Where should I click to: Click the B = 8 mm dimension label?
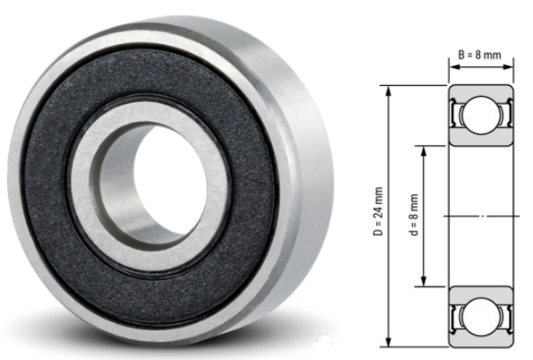(x=479, y=55)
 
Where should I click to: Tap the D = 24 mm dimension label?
(x=378, y=211)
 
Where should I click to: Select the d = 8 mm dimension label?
(x=414, y=215)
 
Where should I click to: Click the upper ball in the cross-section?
(x=481, y=115)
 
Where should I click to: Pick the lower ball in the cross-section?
(x=481, y=317)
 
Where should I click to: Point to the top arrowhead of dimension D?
(x=390, y=91)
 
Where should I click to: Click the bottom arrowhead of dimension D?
(x=390, y=341)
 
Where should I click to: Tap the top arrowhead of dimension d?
(x=424, y=151)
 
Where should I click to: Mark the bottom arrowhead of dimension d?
(x=424, y=281)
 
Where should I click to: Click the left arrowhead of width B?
(x=454, y=66)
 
